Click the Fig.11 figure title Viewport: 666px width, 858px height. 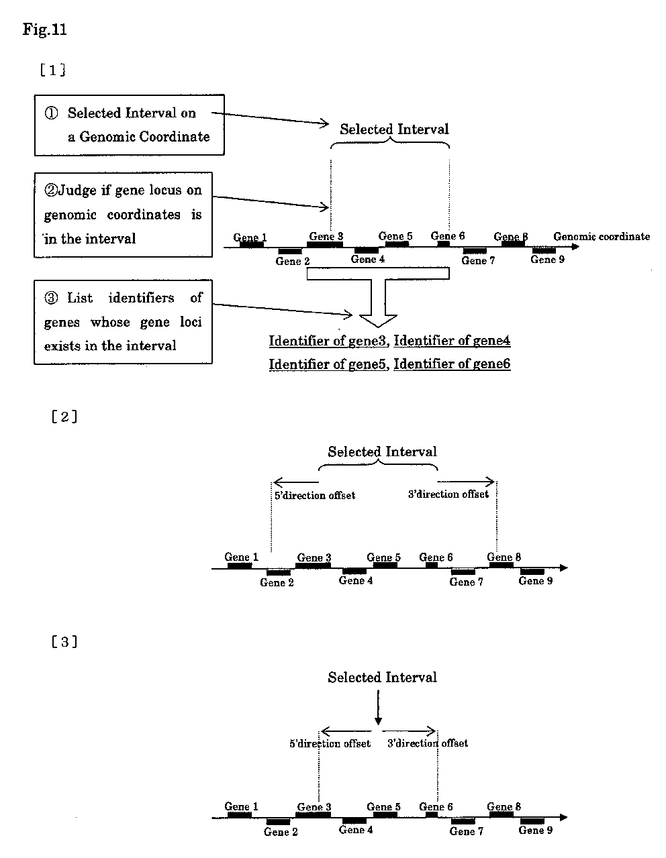[x=44, y=30]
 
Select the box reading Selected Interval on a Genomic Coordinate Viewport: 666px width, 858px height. [x=129, y=125]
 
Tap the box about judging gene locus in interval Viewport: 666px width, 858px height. [x=123, y=215]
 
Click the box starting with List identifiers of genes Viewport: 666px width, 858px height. [x=123, y=322]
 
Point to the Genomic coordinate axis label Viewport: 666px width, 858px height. [x=602, y=237]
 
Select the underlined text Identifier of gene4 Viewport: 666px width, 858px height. [x=452, y=340]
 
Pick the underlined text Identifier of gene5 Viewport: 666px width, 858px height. [x=328, y=364]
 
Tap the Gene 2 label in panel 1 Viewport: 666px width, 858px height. [x=292, y=261]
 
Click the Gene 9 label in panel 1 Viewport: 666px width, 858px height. [x=547, y=260]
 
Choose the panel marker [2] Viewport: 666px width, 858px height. [x=64, y=417]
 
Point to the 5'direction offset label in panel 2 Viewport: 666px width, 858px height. [x=315, y=495]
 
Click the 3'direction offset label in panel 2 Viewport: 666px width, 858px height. [x=448, y=494]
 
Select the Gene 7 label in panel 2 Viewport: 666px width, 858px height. [x=466, y=582]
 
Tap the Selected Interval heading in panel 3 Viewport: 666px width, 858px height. [x=382, y=677]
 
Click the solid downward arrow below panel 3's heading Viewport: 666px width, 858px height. [x=378, y=707]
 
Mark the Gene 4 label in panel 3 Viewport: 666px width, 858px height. [x=356, y=830]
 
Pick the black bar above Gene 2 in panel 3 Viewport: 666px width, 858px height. [x=278, y=822]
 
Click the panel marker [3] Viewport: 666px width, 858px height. [x=64, y=641]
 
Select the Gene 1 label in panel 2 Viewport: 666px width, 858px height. [x=241, y=557]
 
